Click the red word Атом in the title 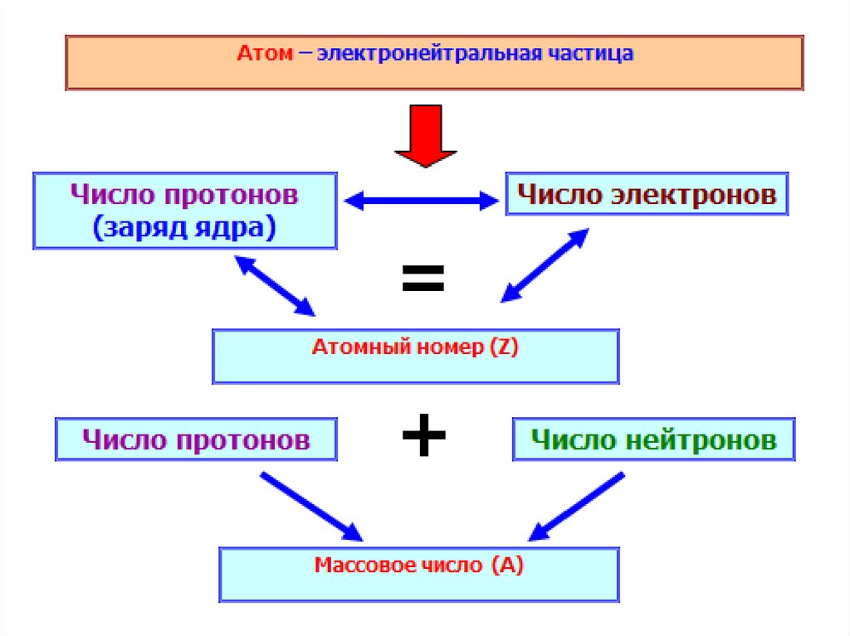click(265, 53)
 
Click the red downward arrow click(426, 136)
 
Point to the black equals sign click(423, 278)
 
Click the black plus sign click(424, 435)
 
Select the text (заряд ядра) click(185, 227)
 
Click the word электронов click(694, 195)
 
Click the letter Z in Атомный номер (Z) click(504, 347)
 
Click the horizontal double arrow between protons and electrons click(422, 201)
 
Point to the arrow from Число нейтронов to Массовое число click(576, 507)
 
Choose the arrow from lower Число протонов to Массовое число click(311, 507)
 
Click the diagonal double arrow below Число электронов click(545, 265)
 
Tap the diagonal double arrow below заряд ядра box click(275, 286)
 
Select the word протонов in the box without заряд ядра click(243, 439)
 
